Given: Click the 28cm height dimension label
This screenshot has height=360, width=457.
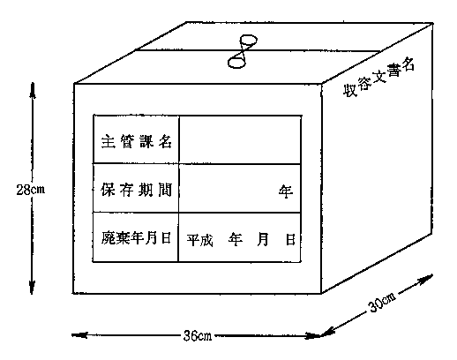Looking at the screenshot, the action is tap(31, 190).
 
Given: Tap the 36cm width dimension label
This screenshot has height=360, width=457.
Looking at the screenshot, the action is tap(198, 335).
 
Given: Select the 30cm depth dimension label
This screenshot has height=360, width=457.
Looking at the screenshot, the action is tap(382, 303).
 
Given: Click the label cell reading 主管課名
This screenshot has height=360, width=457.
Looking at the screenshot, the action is tap(136, 139).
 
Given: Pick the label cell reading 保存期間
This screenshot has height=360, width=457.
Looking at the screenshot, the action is tap(136, 188).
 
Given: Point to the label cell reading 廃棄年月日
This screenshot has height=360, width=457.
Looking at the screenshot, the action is tap(136, 237).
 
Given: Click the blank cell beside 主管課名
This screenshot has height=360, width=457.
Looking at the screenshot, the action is tap(240, 139).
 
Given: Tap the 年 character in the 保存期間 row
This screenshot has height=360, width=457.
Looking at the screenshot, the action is tap(286, 191).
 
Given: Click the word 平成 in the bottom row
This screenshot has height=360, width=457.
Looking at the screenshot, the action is tap(199, 239).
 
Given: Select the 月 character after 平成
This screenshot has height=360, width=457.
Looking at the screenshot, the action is tap(262, 239).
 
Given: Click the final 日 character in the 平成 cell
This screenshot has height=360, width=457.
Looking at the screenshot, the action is tap(290, 239).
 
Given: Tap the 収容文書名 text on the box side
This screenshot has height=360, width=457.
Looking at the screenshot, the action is tap(378, 77).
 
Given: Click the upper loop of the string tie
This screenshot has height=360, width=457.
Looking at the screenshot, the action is tap(249, 40).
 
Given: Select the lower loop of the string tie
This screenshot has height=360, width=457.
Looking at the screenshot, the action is tap(236, 63).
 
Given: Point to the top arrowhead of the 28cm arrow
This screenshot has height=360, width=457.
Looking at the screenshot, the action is tap(32, 90).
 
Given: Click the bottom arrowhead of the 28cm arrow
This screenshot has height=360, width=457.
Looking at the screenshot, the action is tap(32, 287).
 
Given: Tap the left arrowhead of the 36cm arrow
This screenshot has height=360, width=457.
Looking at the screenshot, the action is tap(79, 334).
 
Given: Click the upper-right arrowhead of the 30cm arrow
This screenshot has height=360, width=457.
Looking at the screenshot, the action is tap(425, 279).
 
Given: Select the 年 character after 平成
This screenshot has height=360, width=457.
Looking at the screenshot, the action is tap(235, 239).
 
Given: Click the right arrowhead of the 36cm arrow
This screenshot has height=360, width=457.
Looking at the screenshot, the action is tap(312, 335).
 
